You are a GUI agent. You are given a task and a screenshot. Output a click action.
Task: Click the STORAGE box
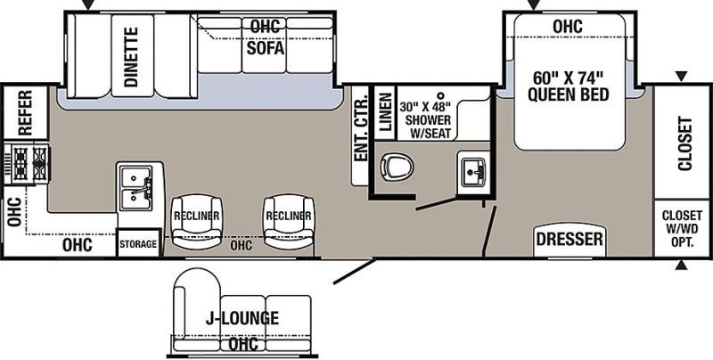[x=138, y=243]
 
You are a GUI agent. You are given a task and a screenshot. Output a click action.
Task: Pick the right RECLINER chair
[x=287, y=217]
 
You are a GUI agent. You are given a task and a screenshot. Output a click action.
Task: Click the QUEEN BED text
[x=568, y=86]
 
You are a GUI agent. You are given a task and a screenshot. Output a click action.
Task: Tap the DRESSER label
[x=570, y=239]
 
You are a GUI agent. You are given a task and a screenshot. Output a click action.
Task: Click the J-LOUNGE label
[x=242, y=318]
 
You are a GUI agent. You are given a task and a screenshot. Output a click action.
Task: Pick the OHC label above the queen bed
[x=567, y=28]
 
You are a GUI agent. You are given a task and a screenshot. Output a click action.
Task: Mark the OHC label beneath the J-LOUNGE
[x=242, y=344]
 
